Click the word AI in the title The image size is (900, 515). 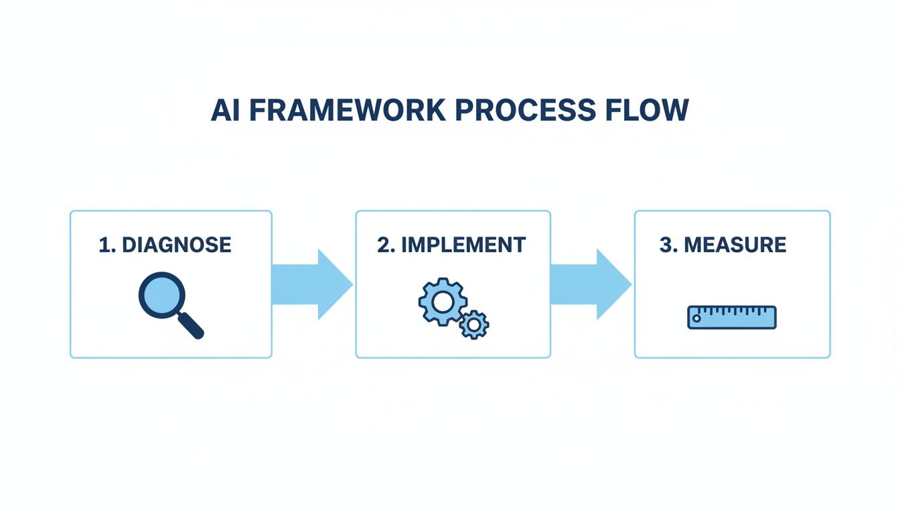[x=226, y=111]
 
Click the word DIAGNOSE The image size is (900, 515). [x=177, y=245]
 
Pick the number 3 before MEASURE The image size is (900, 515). [x=665, y=245]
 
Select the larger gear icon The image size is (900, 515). [x=443, y=302]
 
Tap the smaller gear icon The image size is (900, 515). [x=474, y=325]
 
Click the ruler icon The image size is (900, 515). [x=732, y=317]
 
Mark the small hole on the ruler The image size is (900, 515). [x=696, y=319]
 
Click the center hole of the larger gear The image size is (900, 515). [x=443, y=302]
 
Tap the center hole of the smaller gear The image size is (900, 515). [x=474, y=325]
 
